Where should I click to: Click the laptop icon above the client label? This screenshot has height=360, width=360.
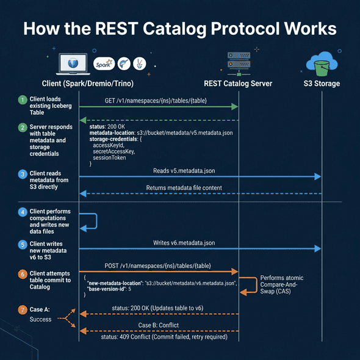tap(72, 63)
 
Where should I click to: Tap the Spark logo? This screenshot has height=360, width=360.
tap(104, 63)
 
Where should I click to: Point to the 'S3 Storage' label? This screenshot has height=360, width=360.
tap(322, 84)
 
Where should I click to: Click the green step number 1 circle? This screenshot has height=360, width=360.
tap(23, 99)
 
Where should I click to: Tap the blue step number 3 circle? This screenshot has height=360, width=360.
tap(23, 174)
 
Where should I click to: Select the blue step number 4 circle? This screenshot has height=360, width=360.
tap(23, 211)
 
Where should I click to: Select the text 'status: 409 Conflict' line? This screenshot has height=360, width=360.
tap(164, 337)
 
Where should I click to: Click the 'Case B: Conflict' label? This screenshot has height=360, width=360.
tap(164, 325)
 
